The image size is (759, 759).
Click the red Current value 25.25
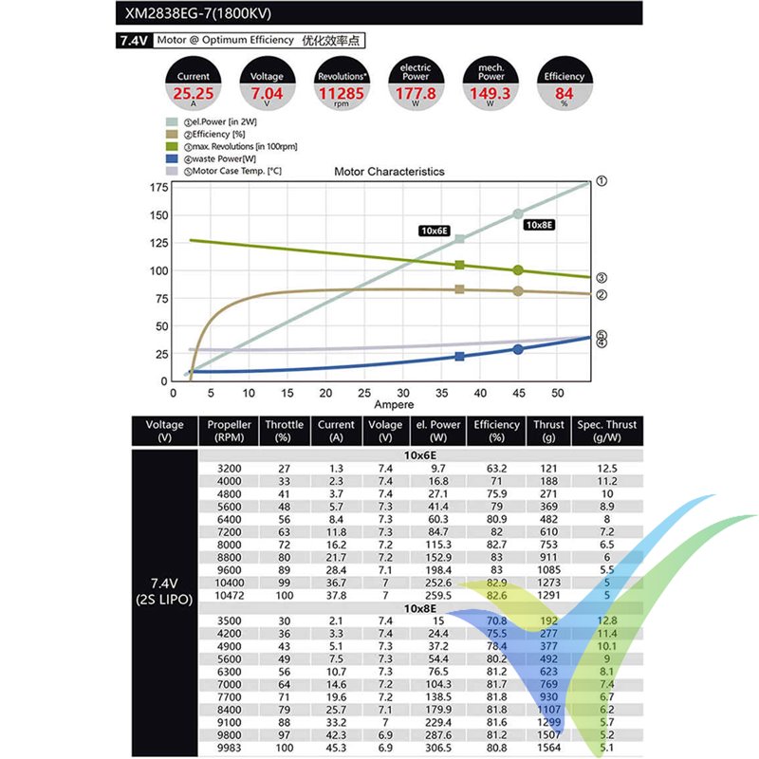tap(193, 94)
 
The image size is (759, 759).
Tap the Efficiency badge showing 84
tap(565, 94)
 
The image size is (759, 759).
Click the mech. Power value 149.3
tap(490, 94)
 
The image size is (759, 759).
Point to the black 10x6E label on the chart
tap(435, 230)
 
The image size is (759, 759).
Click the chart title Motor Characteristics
tap(389, 172)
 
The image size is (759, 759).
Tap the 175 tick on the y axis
tap(157, 187)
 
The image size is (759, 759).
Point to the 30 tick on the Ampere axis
tap(403, 392)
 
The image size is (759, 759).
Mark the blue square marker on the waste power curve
tap(460, 357)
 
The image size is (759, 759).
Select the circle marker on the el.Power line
tap(517, 213)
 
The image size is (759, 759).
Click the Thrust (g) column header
tap(548, 431)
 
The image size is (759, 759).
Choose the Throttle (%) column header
tap(284, 431)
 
